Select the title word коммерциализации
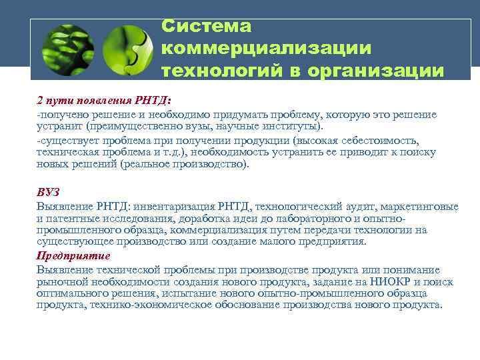(x=266, y=48)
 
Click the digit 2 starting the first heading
(x=39, y=101)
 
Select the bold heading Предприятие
(x=73, y=256)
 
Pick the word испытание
(x=198, y=293)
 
